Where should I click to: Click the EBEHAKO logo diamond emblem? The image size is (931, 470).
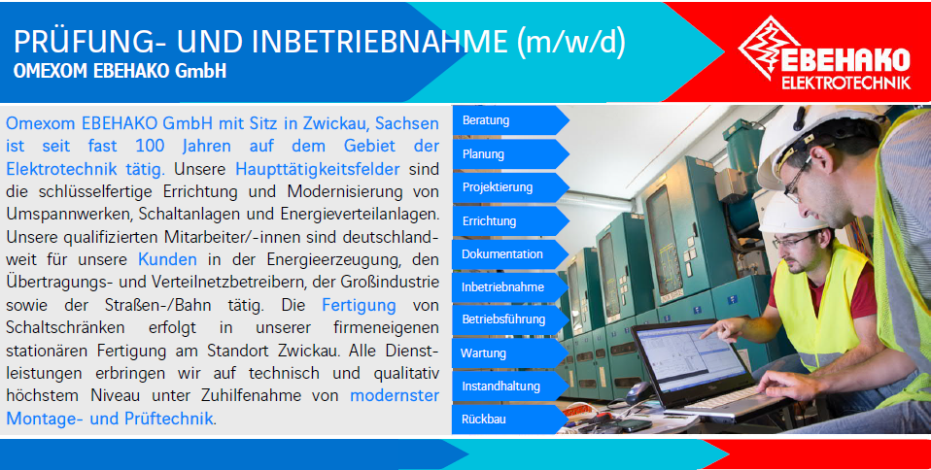pos(765,48)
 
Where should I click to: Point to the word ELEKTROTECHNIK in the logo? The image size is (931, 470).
pos(845,83)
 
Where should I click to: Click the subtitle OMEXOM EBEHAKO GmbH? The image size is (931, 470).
pos(120,71)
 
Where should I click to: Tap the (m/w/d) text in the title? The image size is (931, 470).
pos(571,42)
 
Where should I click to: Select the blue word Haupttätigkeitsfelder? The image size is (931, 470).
pos(318,169)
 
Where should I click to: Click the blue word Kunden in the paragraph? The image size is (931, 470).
pos(167,259)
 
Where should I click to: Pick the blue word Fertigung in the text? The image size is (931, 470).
pos(359,306)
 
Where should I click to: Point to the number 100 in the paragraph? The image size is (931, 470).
pos(150,146)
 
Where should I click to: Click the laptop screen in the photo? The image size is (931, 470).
pos(690,357)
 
